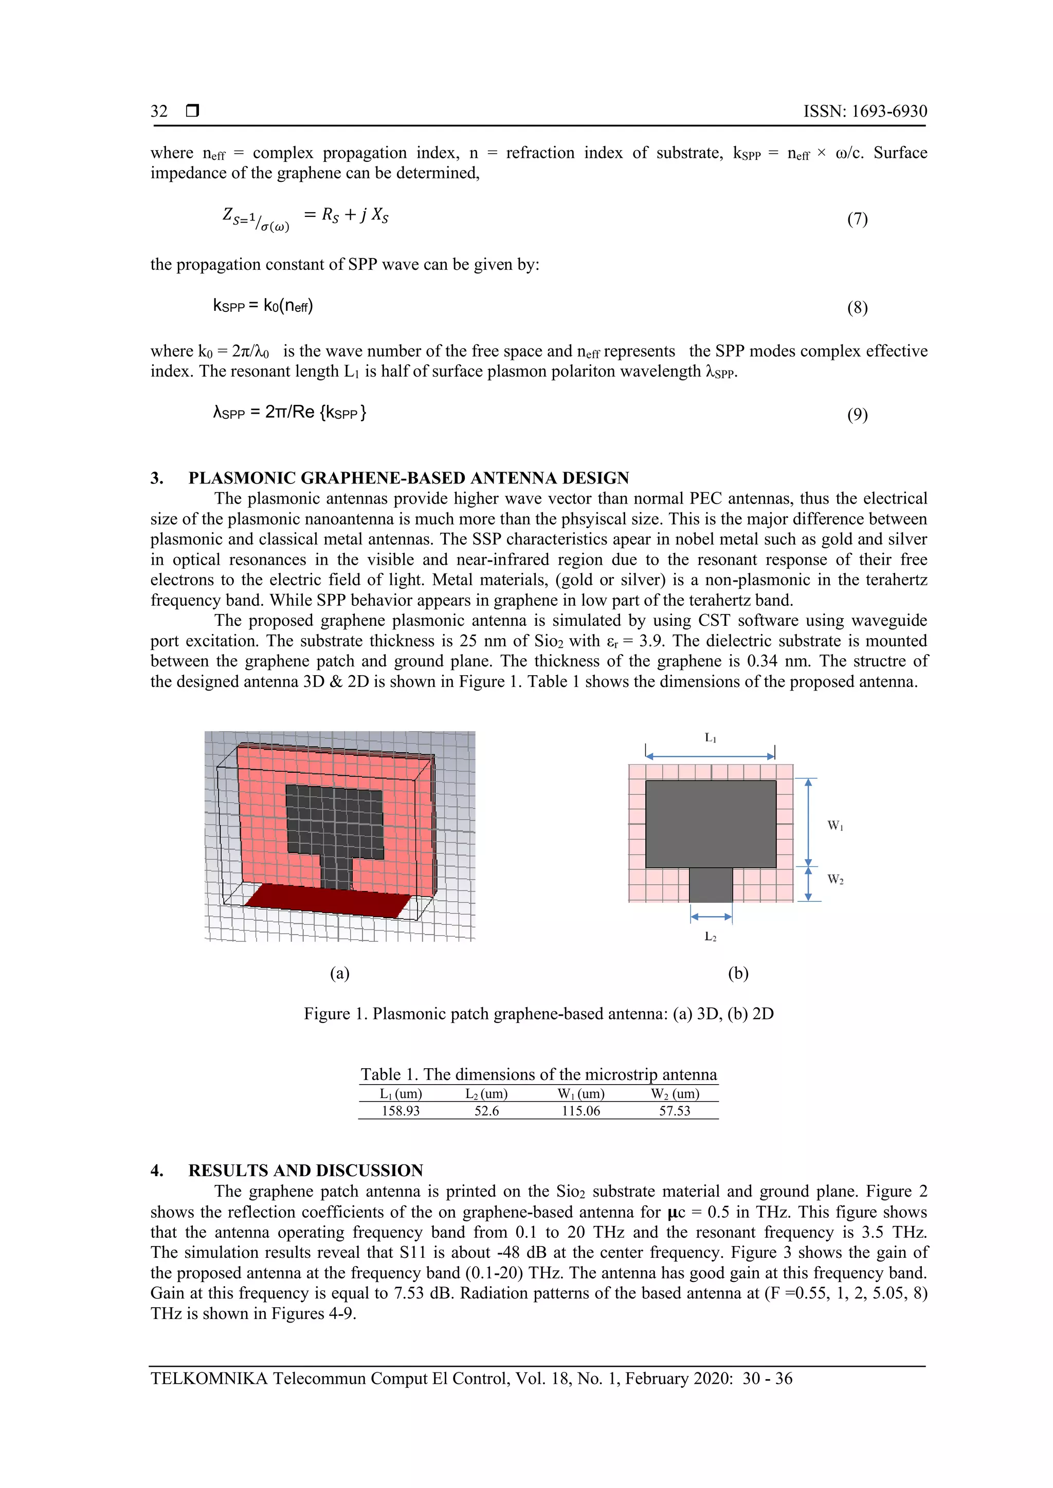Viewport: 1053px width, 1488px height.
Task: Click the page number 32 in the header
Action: (159, 111)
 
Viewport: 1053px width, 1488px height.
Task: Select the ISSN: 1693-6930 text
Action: (865, 111)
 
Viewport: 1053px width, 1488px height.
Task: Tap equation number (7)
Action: (857, 219)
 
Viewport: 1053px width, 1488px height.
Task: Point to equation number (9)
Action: (857, 415)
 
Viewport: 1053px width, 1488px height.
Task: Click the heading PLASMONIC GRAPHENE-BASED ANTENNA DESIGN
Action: (408, 478)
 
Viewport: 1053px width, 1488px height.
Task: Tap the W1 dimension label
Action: (835, 826)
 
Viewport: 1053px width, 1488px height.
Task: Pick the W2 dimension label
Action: (835, 880)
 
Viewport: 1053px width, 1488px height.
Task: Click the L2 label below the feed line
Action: (711, 937)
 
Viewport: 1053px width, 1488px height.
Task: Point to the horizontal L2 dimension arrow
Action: (711, 917)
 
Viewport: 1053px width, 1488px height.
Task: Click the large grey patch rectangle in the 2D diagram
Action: (711, 823)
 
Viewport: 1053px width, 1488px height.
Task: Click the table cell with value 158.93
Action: (401, 1111)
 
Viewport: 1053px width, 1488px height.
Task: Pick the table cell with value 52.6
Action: (486, 1111)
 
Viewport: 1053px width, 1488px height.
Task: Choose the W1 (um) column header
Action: (581, 1094)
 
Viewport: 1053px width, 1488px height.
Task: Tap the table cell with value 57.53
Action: (675, 1111)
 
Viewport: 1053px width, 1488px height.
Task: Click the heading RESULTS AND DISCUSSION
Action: (305, 1170)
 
